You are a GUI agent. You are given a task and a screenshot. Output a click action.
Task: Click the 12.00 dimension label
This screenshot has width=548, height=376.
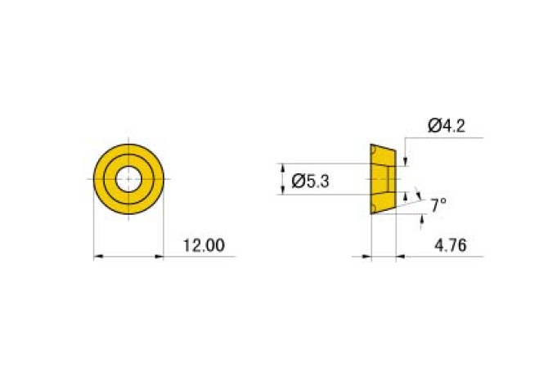point(204,245)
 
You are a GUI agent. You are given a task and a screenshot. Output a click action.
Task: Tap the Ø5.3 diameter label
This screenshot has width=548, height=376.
point(310,181)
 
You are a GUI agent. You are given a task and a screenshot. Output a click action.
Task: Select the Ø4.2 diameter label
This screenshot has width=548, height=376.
point(447,126)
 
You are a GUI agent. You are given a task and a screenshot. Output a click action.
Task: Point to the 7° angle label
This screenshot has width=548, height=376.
point(438,205)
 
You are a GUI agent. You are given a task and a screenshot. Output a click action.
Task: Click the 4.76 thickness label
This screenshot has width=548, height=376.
point(450,245)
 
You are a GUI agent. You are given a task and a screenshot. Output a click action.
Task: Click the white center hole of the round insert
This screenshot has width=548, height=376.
point(128,179)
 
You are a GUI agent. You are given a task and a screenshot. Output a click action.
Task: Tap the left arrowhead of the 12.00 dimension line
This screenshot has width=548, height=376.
point(98,257)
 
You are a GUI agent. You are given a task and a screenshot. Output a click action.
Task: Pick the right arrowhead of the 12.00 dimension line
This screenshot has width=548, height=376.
point(159,257)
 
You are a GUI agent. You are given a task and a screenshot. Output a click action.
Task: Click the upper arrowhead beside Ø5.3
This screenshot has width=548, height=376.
point(283,168)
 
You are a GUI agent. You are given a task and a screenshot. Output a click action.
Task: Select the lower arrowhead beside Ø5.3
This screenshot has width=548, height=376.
point(283,190)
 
